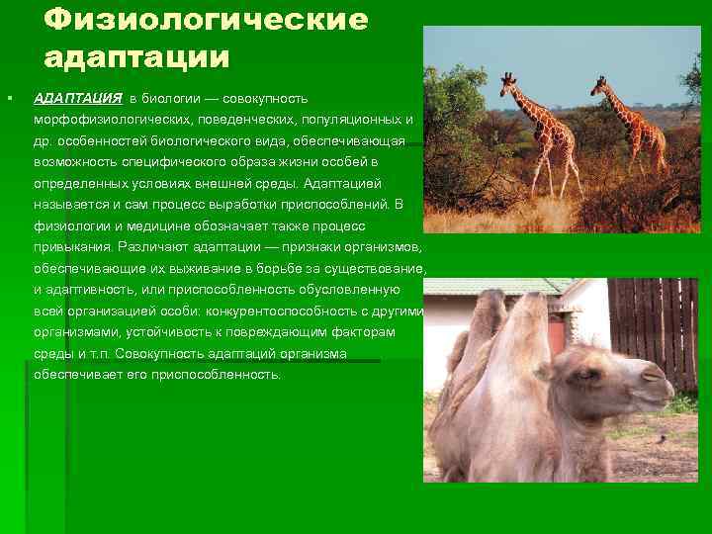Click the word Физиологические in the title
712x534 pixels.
(206, 19)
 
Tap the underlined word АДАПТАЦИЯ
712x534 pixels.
(78, 99)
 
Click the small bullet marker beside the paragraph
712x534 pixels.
(8, 99)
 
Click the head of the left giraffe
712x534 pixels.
(506, 80)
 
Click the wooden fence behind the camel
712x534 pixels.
(653, 326)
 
